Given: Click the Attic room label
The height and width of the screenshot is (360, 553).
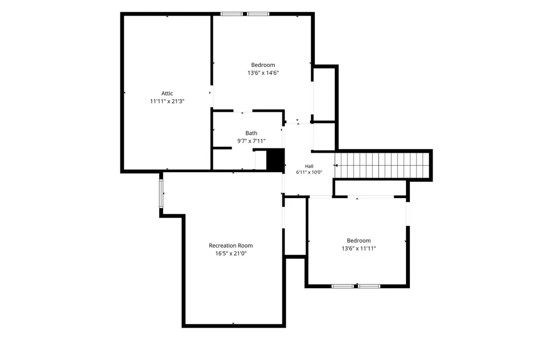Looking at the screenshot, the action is pos(167,93).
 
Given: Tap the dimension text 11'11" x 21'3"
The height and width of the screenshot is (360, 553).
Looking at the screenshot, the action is pos(167,101).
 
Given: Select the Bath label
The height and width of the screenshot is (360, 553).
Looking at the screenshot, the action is pos(251,133).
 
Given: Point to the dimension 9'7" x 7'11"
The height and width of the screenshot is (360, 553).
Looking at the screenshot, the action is pos(251,141).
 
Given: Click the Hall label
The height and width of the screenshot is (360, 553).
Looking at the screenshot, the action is pos(309,166).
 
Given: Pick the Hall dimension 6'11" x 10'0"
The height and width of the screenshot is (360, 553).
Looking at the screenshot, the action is pos(309,172).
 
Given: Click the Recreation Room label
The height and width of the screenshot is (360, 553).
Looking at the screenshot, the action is pos(231,246).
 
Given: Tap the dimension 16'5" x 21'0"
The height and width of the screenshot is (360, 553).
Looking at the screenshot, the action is pos(231,254).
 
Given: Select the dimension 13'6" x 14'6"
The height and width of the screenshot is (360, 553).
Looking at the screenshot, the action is pos(263,73).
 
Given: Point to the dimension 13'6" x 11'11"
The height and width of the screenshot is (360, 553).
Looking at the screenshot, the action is pos(359,248).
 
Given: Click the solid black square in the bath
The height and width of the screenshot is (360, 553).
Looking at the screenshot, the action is pos(275,160).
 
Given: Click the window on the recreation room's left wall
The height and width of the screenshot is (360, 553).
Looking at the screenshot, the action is pos(161,194).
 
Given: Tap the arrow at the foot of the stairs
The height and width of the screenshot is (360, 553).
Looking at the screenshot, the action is pos(336,165).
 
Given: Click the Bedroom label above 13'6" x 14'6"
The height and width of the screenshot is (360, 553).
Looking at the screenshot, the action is pos(263,65).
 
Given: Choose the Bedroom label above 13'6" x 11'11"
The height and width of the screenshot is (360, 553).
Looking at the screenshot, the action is pos(359,241).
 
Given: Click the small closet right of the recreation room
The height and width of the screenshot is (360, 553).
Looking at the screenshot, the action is pos(295,226).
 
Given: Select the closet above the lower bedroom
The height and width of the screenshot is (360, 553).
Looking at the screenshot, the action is pos(370,188).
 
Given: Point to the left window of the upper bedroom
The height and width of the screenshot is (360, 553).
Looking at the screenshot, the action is pos(232,14).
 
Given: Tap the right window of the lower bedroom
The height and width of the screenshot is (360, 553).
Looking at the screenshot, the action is pos(369,286).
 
